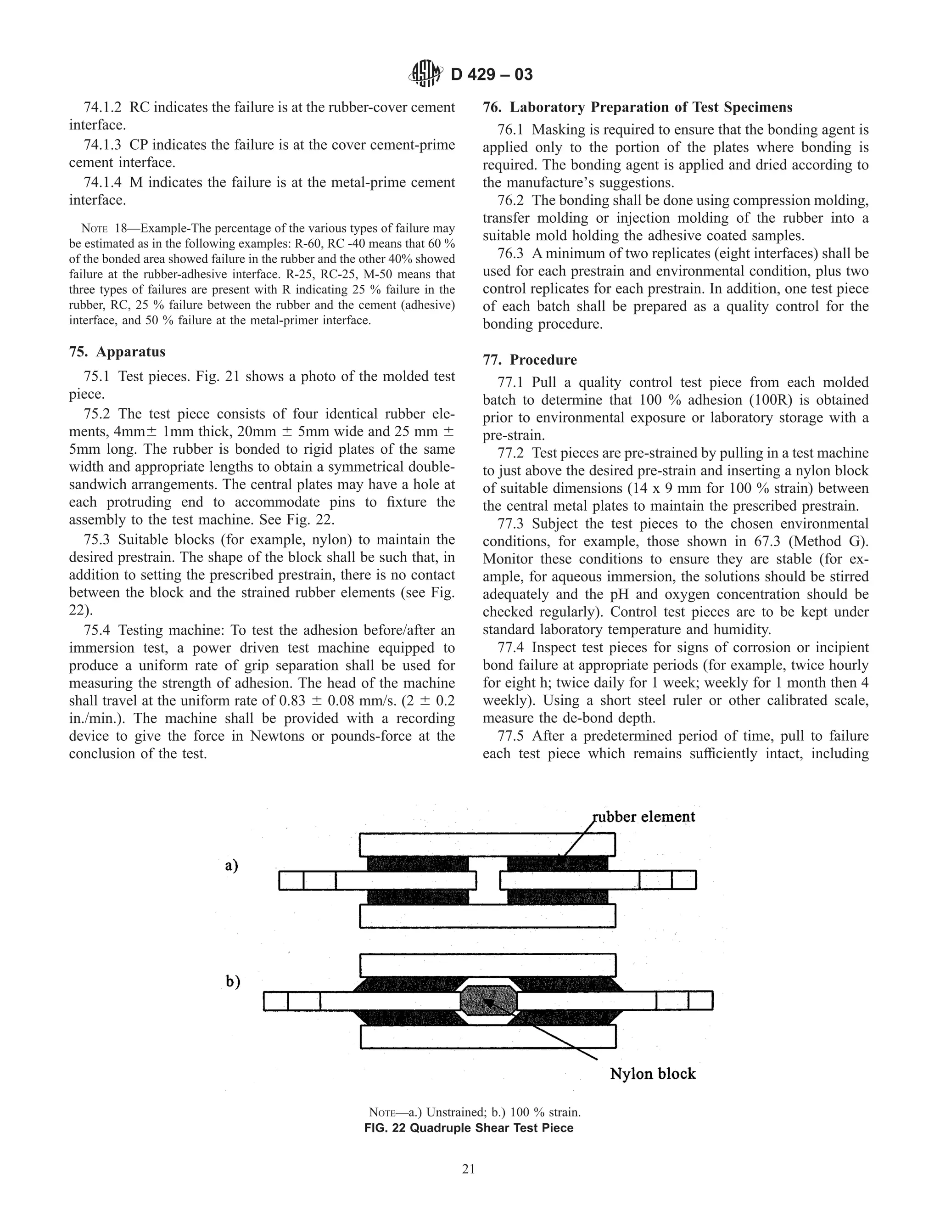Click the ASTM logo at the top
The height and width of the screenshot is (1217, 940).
426,73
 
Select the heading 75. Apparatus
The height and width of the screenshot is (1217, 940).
117,352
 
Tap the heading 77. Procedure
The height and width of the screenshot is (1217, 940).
530,360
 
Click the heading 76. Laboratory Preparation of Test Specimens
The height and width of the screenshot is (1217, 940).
637,107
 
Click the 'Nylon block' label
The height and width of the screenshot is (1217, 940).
653,1074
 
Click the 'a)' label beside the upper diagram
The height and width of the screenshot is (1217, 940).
232,865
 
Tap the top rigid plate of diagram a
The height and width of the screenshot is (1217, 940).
487,844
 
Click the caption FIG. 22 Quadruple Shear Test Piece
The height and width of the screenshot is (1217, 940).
468,1128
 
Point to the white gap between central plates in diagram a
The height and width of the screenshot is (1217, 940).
488,880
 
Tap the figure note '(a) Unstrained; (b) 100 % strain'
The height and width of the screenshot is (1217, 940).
475,1113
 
